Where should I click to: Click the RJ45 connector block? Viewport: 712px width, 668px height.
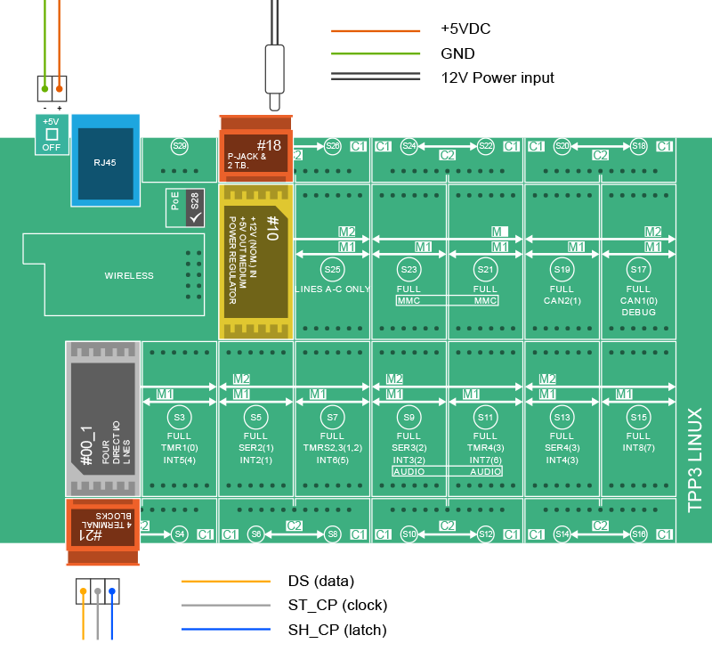tap(106, 163)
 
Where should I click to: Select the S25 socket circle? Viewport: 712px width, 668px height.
tap(333, 269)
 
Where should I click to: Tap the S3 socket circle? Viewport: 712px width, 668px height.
tap(180, 417)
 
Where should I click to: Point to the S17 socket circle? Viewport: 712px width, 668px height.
tap(638, 269)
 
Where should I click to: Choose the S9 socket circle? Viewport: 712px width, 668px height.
tap(409, 417)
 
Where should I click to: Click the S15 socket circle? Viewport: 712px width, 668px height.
tap(638, 417)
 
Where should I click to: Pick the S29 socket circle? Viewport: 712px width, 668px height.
tap(180, 146)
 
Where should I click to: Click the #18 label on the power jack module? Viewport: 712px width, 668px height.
tap(269, 145)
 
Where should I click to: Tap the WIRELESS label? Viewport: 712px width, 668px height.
tap(129, 276)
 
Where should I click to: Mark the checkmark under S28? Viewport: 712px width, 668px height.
tap(195, 216)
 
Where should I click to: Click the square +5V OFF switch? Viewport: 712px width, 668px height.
tap(51, 134)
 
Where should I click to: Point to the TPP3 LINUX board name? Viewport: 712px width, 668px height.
tap(695, 460)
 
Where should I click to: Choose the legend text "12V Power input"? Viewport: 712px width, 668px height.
tap(498, 77)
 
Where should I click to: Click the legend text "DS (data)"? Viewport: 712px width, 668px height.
tap(321, 581)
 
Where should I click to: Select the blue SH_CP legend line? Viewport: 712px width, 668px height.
tap(226, 631)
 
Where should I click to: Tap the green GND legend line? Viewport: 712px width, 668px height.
tap(375, 53)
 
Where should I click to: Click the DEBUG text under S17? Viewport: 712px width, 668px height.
tap(638, 313)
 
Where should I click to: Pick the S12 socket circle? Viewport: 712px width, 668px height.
tap(486, 534)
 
